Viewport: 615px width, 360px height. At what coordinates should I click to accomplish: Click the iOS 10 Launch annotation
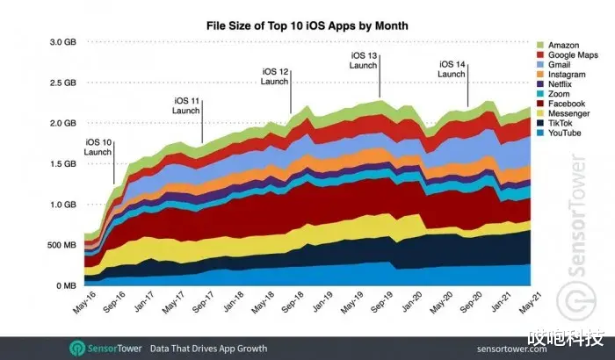click(98, 148)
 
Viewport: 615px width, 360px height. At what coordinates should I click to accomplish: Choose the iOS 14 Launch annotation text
click(452, 69)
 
